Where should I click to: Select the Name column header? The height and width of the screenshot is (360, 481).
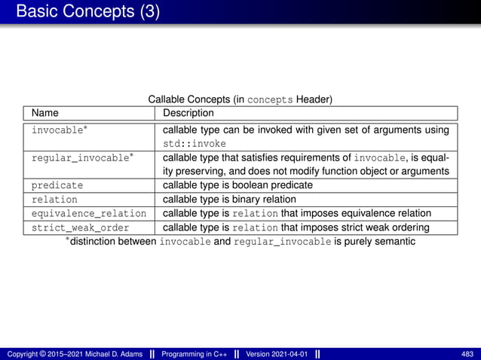pos(44,113)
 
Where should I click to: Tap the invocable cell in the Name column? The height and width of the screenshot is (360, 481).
pos(57,130)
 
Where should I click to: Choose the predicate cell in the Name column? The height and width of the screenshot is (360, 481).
pos(57,185)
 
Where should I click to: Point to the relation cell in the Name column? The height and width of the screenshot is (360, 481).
pos(54,200)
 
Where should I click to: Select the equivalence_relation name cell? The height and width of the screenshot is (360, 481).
pos(89,214)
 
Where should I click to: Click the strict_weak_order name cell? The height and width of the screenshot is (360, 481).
pos(80,227)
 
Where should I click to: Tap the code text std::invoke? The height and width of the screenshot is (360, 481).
pos(195,144)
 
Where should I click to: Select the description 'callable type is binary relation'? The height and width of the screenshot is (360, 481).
pos(230,200)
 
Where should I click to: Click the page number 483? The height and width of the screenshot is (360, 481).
pos(467,354)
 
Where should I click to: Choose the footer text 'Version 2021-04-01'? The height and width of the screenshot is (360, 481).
pos(277,354)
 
